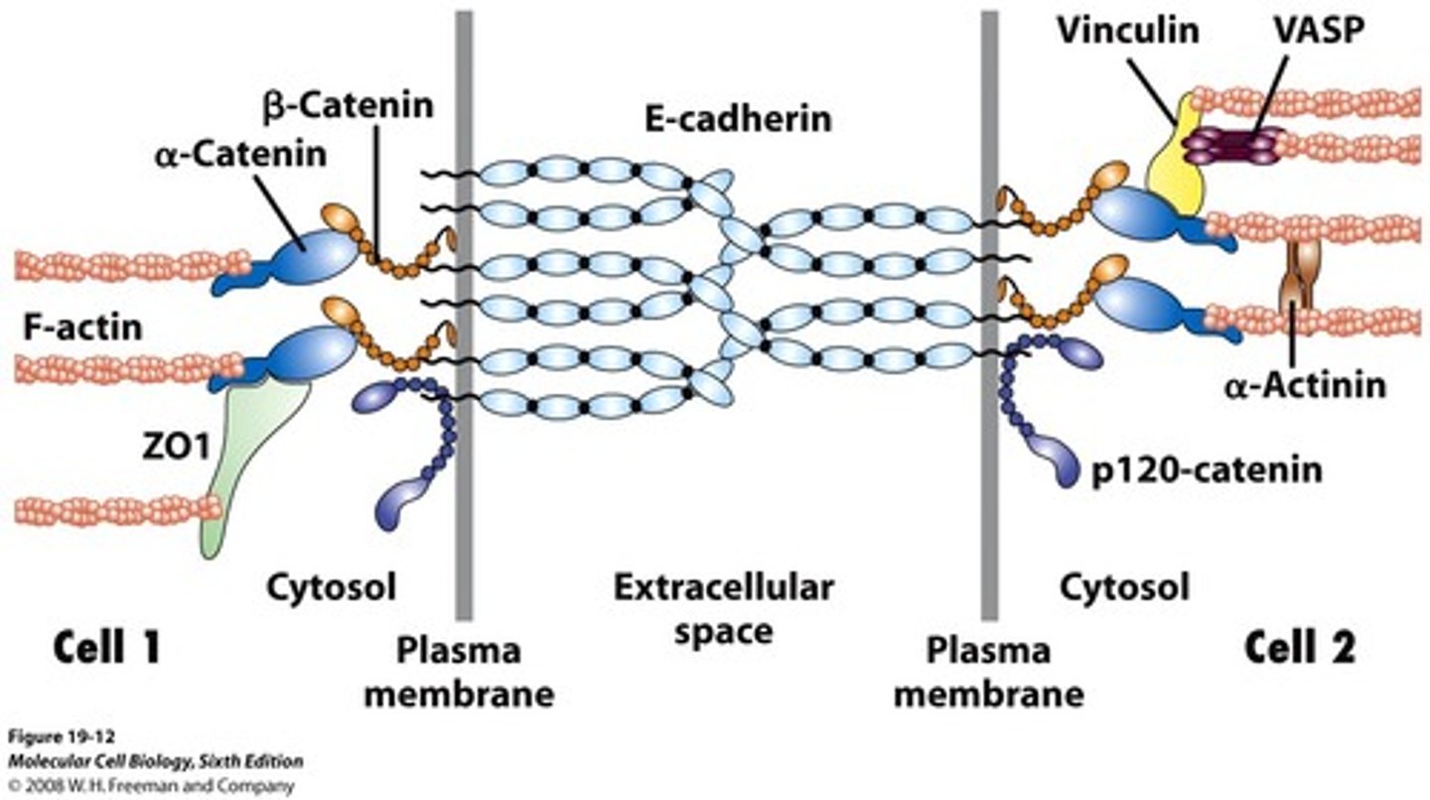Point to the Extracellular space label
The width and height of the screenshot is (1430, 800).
tap(722, 608)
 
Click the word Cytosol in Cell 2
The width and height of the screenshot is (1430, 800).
tap(1124, 588)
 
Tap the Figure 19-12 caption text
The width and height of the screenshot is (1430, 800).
tap(51, 737)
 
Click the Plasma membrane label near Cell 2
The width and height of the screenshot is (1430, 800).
tap(988, 672)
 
